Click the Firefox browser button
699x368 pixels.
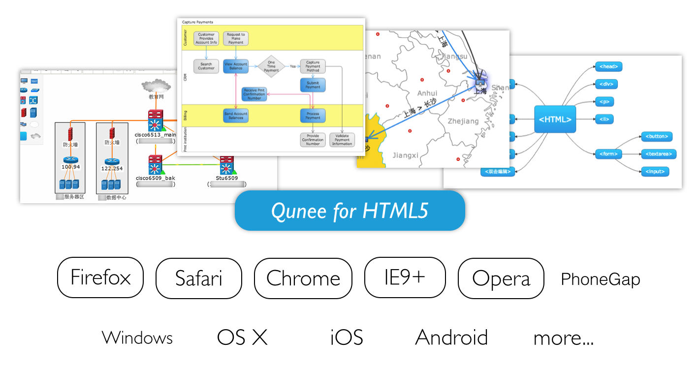[x=100, y=278]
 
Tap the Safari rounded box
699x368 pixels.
[x=199, y=278]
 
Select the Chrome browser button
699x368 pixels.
[x=303, y=278]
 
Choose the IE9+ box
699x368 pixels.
[x=405, y=278]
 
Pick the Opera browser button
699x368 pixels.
[x=501, y=278]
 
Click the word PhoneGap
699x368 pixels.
[x=601, y=279]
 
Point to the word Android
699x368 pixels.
[x=451, y=337]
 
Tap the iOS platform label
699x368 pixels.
[x=347, y=337]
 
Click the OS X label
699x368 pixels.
[x=242, y=337]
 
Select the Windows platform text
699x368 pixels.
[x=137, y=338]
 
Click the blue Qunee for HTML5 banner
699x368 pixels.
[x=349, y=211]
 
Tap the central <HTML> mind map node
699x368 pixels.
[x=555, y=119]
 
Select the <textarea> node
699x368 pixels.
[x=659, y=154]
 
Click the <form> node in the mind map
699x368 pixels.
[x=608, y=154]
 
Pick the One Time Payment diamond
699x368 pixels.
[x=271, y=66]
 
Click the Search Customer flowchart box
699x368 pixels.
[x=206, y=66]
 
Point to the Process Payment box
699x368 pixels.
[x=313, y=116]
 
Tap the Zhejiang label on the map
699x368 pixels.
[x=463, y=121]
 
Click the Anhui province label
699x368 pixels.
[x=427, y=93]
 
